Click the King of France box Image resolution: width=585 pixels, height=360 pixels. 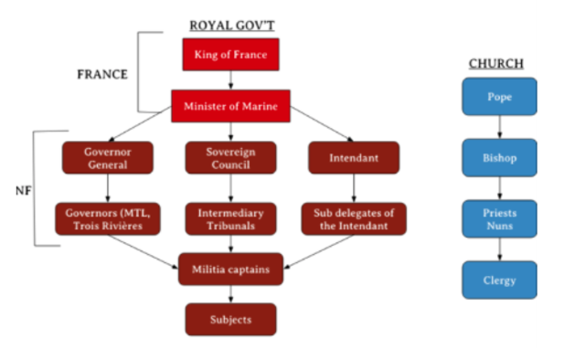pyautogui.click(x=230, y=56)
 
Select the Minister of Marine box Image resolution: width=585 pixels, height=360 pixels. pyautogui.click(x=230, y=107)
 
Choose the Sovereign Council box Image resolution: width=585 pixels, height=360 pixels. pyautogui.click(x=230, y=157)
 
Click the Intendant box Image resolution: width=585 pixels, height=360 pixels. pyautogui.click(x=354, y=157)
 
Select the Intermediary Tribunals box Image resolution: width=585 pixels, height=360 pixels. pyautogui.click(x=230, y=219)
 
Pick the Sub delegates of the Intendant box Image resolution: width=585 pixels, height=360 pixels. pyautogui.click(x=354, y=219)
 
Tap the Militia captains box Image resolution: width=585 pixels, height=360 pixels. pyautogui.click(x=230, y=269)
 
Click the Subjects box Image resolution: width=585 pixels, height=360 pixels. pyautogui.click(x=230, y=319)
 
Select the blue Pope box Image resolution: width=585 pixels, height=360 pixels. pyautogui.click(x=499, y=96)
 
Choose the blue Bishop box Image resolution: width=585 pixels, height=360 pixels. pyautogui.click(x=499, y=157)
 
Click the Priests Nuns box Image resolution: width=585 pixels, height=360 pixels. pyautogui.click(x=499, y=218)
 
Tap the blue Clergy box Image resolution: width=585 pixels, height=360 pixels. pyautogui.click(x=499, y=280)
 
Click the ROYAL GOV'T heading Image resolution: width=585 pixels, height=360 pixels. pyautogui.click(x=231, y=25)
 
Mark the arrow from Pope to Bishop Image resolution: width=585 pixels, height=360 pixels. pyautogui.click(x=499, y=127)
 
